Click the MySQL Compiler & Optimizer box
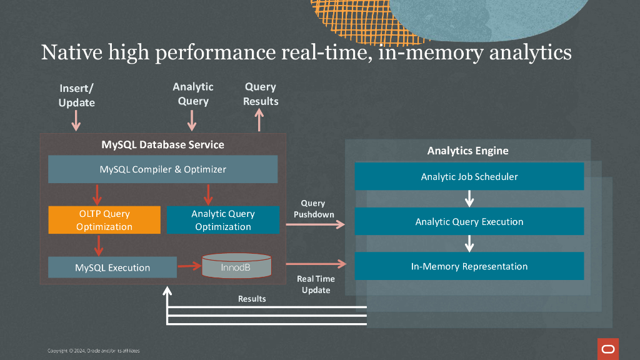tap(162, 169)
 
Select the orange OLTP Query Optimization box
tap(104, 220)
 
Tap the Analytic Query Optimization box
tap(223, 220)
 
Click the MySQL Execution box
tap(112, 267)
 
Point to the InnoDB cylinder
tap(237, 266)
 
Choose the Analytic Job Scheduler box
tap(469, 177)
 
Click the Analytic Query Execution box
tap(469, 222)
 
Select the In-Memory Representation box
tap(469, 266)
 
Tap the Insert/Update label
tap(76, 95)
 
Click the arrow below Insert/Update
tap(76, 120)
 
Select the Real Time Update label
tap(316, 284)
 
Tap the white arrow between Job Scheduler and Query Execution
tap(469, 199)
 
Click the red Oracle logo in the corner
tap(607, 348)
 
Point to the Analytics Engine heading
tap(467, 151)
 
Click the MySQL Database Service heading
tap(162, 144)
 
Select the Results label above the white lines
tap(252, 299)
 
